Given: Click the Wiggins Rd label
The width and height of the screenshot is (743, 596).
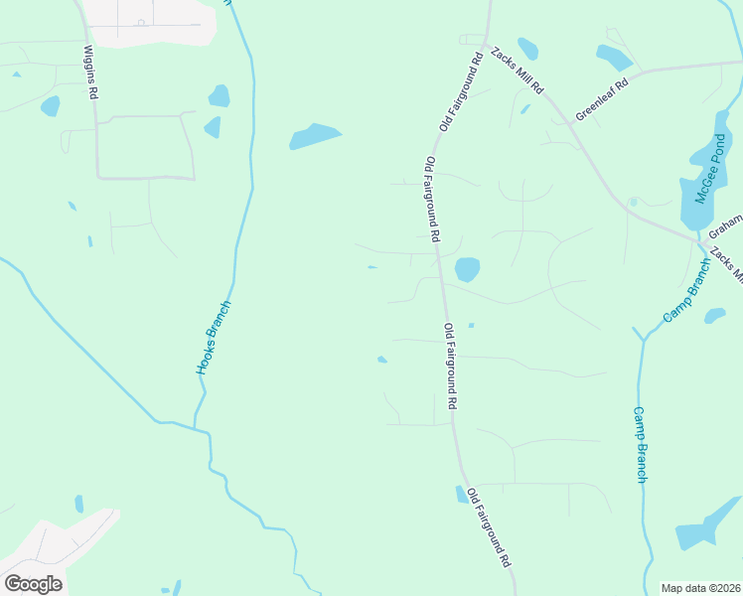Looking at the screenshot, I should tap(91, 72).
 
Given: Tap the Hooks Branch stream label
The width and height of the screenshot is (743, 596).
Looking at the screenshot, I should tap(213, 337).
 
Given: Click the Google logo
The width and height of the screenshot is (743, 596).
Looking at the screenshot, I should tap(33, 583).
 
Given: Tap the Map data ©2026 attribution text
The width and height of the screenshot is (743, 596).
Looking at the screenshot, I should tap(701, 588).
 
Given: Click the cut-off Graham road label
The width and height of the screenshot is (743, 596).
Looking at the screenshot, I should tap(729, 221).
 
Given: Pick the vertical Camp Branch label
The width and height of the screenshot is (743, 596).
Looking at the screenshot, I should tap(641, 444).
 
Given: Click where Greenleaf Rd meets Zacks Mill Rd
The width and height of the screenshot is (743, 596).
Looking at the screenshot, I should tap(574, 121).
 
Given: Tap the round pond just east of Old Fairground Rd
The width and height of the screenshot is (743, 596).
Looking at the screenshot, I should tap(467, 269).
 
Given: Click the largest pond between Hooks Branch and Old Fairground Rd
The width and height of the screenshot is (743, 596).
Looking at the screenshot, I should tap(316, 136).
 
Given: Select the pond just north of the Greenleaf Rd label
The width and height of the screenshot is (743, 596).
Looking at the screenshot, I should tap(613, 57).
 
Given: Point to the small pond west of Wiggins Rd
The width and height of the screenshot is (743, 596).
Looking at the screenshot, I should tap(50, 105).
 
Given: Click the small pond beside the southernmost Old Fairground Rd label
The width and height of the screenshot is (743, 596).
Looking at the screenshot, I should tap(462, 495).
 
